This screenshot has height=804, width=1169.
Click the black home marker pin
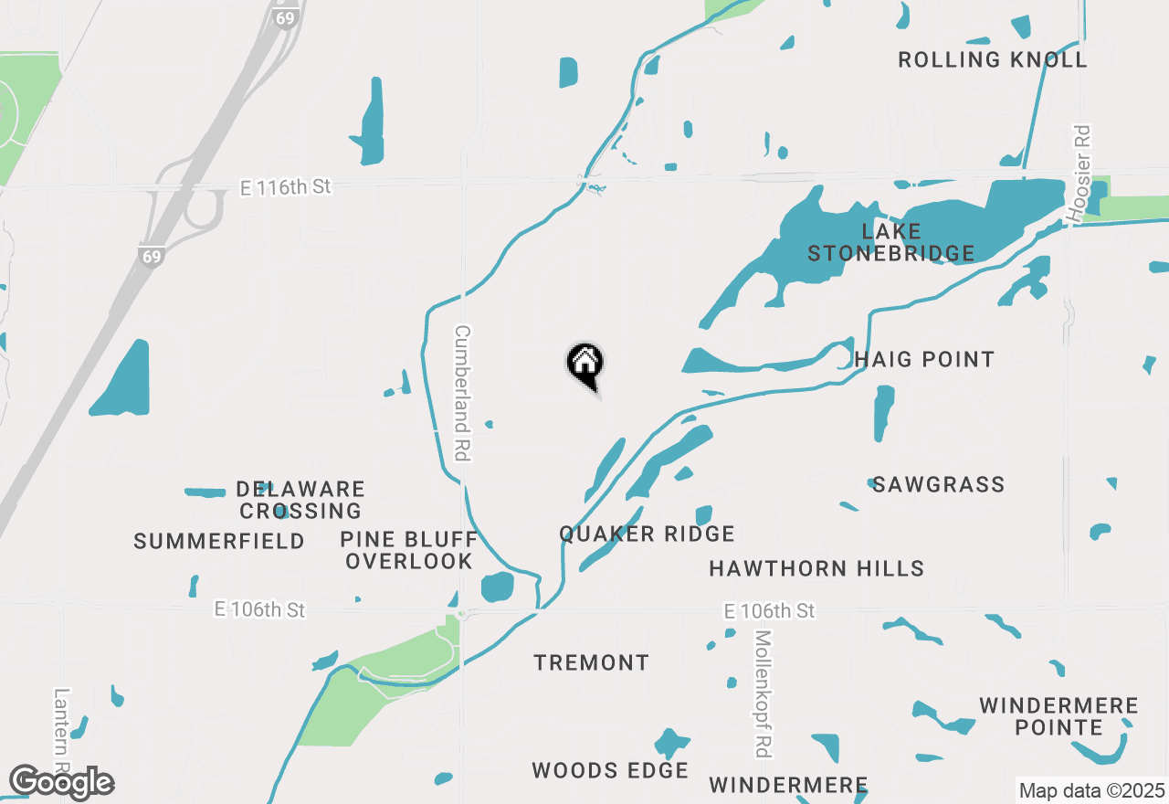(585, 364)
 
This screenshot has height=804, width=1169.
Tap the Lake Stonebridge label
(890, 242)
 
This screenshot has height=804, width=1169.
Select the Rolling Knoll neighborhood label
(993, 60)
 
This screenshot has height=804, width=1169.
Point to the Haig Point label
(924, 359)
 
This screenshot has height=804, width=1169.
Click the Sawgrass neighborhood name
(938, 484)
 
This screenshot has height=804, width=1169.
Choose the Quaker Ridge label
(647, 534)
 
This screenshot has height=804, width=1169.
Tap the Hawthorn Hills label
(816, 569)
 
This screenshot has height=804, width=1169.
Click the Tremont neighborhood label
(592, 662)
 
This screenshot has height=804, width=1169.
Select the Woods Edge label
(610, 770)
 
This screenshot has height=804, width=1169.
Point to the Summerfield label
(219, 542)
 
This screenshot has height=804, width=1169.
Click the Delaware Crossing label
(301, 500)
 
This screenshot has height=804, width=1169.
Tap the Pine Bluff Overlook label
(409, 550)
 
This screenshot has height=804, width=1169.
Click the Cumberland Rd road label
(462, 393)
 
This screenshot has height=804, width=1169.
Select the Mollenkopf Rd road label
(764, 693)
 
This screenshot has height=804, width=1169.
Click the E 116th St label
(285, 187)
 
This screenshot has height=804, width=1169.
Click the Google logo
(61, 782)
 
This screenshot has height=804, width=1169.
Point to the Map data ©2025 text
(1091, 790)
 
